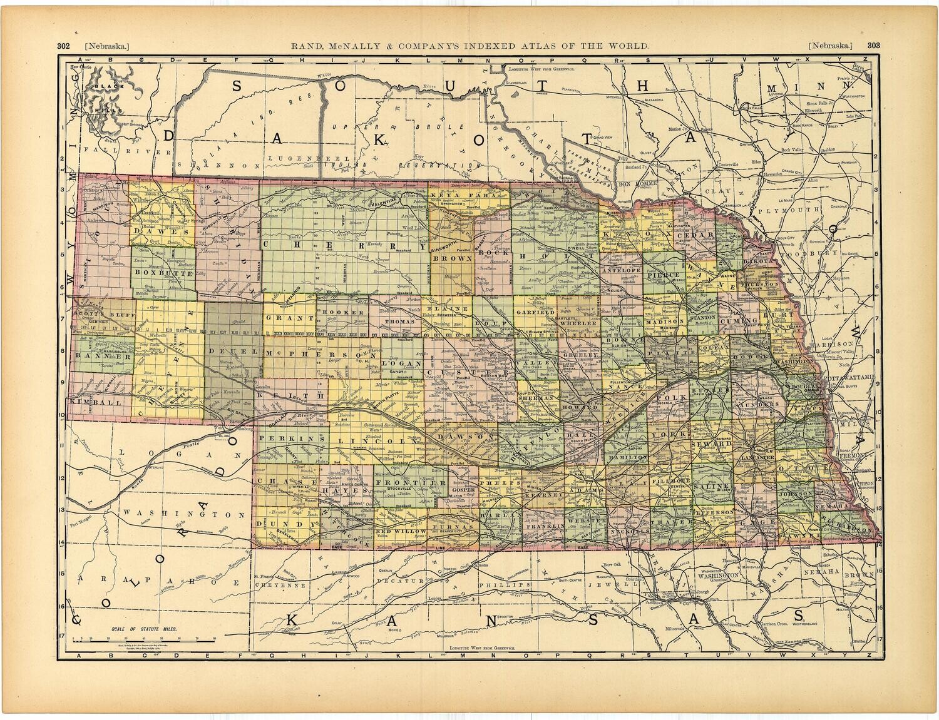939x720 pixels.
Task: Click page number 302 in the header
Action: pyautogui.click(x=63, y=46)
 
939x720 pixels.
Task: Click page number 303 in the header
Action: pyautogui.click(x=874, y=46)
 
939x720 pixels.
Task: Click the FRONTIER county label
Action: pyautogui.click(x=410, y=484)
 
